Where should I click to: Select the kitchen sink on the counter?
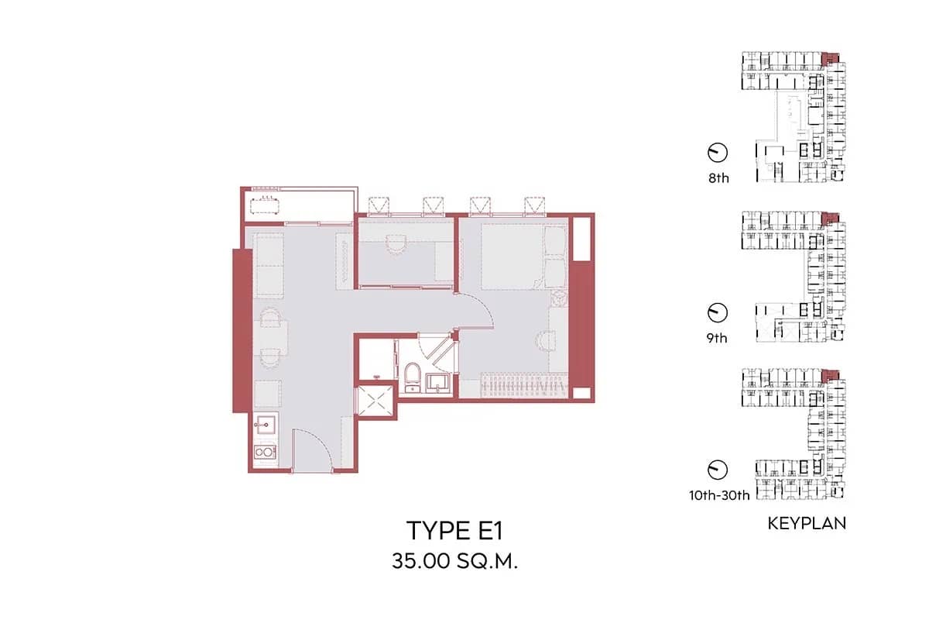(266, 425)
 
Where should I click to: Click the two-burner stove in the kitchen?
(266, 452)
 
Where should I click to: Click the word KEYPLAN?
(807, 524)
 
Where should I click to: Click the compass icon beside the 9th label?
(718, 312)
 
